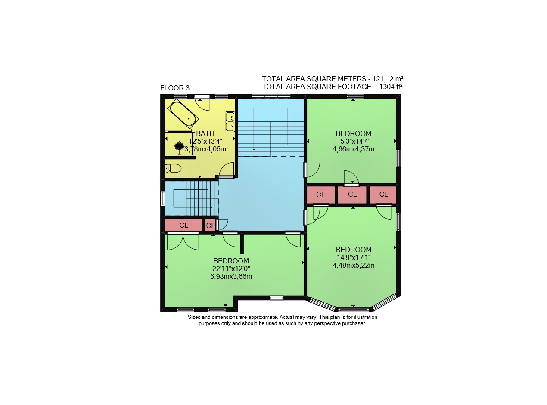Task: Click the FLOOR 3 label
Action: click(x=174, y=88)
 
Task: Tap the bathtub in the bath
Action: click(x=183, y=114)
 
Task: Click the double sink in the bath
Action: click(x=230, y=122)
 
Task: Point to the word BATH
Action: click(x=205, y=133)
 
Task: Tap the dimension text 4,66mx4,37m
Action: click(x=354, y=149)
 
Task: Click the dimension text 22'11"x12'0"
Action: click(x=231, y=269)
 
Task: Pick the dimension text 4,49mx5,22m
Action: click(x=354, y=266)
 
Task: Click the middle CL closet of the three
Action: click(x=352, y=195)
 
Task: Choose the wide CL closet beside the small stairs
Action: click(x=183, y=225)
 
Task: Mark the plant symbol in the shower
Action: click(x=179, y=148)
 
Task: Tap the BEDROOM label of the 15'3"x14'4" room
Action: click(x=354, y=133)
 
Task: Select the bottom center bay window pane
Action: click(x=354, y=309)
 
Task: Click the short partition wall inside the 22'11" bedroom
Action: click(x=242, y=244)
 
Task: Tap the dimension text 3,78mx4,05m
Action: click(x=205, y=149)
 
